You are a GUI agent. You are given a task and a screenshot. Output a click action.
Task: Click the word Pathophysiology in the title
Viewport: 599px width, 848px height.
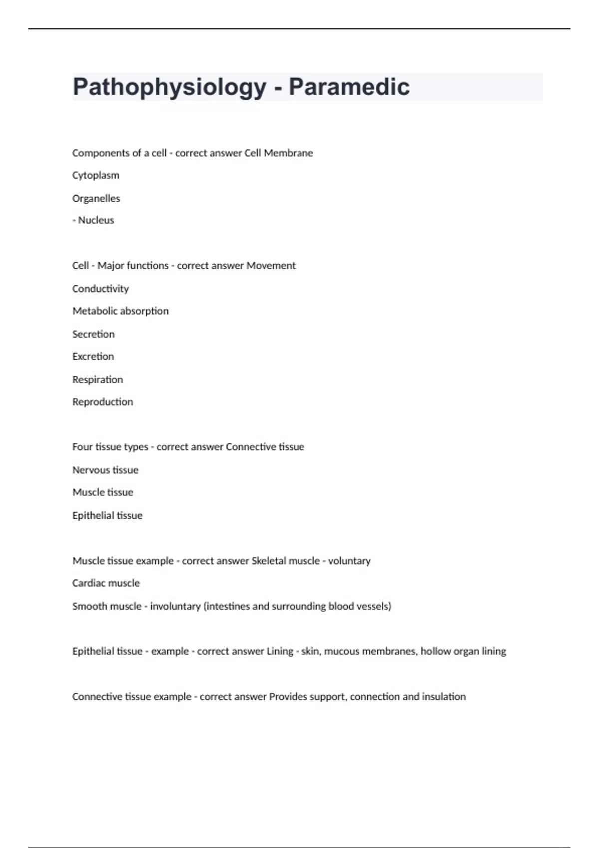tap(169, 87)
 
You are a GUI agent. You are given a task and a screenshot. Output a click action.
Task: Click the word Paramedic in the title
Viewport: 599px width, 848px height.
tap(349, 87)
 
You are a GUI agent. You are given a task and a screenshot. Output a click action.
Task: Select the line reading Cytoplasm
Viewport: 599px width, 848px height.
tap(96, 175)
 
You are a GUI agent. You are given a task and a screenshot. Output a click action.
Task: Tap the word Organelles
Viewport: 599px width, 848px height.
tap(96, 198)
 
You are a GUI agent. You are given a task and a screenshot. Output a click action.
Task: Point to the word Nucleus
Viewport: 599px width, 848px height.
tap(96, 220)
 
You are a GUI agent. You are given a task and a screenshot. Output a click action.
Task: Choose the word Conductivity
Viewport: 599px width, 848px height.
tap(100, 289)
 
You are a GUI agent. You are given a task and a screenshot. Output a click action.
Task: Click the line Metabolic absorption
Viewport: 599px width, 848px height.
tap(120, 311)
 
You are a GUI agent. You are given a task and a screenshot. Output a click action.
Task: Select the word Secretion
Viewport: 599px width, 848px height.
tap(93, 334)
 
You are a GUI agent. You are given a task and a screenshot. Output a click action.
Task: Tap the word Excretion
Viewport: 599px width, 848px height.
tap(93, 357)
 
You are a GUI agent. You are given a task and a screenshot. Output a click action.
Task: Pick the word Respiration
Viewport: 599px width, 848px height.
tap(98, 380)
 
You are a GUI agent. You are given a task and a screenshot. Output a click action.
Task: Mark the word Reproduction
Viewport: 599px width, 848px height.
tap(103, 402)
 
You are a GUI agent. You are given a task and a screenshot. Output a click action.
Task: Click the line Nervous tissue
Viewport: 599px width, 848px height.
tap(105, 470)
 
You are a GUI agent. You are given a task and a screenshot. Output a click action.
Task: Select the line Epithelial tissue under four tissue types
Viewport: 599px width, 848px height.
tap(107, 515)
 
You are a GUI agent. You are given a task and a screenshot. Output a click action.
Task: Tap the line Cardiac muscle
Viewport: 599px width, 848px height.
tap(106, 583)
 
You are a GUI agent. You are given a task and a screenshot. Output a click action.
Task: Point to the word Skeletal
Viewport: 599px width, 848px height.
tap(268, 561)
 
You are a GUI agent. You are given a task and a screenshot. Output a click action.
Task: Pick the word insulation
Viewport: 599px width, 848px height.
tap(444, 697)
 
